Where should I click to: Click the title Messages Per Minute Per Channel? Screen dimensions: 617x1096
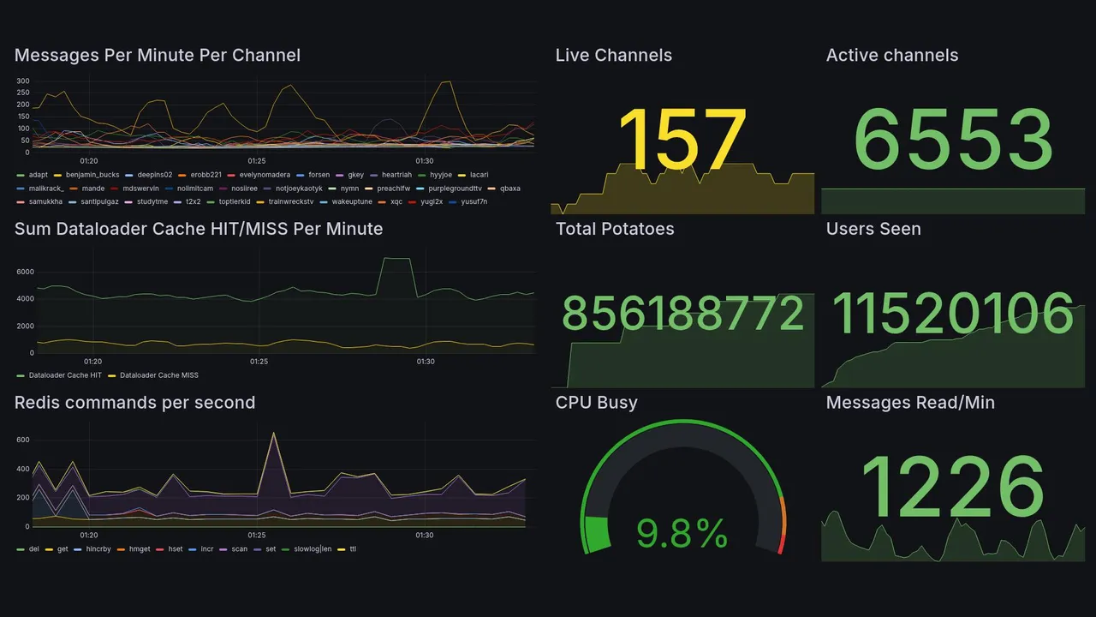click(x=158, y=56)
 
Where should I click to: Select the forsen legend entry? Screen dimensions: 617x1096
click(x=319, y=175)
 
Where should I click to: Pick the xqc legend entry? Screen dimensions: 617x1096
click(x=396, y=202)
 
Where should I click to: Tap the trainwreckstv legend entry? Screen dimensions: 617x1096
click(x=290, y=202)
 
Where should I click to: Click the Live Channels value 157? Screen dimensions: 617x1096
click(x=682, y=140)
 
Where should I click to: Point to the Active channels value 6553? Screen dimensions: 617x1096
click(x=954, y=140)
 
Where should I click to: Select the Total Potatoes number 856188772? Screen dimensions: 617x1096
click(x=682, y=314)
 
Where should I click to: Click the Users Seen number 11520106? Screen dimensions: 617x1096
click(x=954, y=314)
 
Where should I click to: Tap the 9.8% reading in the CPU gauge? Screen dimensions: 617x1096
click(x=682, y=534)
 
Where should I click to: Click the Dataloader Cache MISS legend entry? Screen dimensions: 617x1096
click(x=158, y=375)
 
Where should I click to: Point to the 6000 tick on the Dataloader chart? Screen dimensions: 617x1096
click(x=25, y=272)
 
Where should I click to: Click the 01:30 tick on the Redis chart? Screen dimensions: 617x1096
click(x=425, y=535)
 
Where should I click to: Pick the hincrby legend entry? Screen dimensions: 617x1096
click(x=104, y=548)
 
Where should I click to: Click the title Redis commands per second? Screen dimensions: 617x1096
click(x=134, y=403)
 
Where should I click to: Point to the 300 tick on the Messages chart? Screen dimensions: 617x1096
click(x=23, y=81)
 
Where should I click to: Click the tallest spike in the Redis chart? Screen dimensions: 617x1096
click(x=274, y=434)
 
